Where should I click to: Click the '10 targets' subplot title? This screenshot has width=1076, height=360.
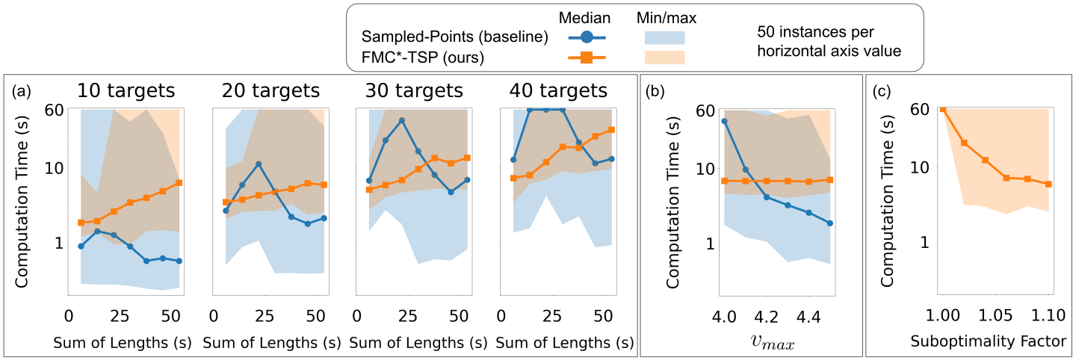click(x=126, y=91)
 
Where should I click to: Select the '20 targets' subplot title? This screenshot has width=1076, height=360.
click(x=270, y=91)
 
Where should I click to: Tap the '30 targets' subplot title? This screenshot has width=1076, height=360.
click(x=414, y=91)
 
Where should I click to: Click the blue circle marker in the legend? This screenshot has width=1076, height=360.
click(x=586, y=37)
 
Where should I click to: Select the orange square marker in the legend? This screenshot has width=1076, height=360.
click(x=586, y=57)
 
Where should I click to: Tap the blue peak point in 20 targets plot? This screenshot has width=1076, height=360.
click(x=258, y=164)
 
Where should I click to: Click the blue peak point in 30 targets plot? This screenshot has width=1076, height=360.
click(x=402, y=120)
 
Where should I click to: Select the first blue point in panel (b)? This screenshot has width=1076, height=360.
click(x=724, y=121)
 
